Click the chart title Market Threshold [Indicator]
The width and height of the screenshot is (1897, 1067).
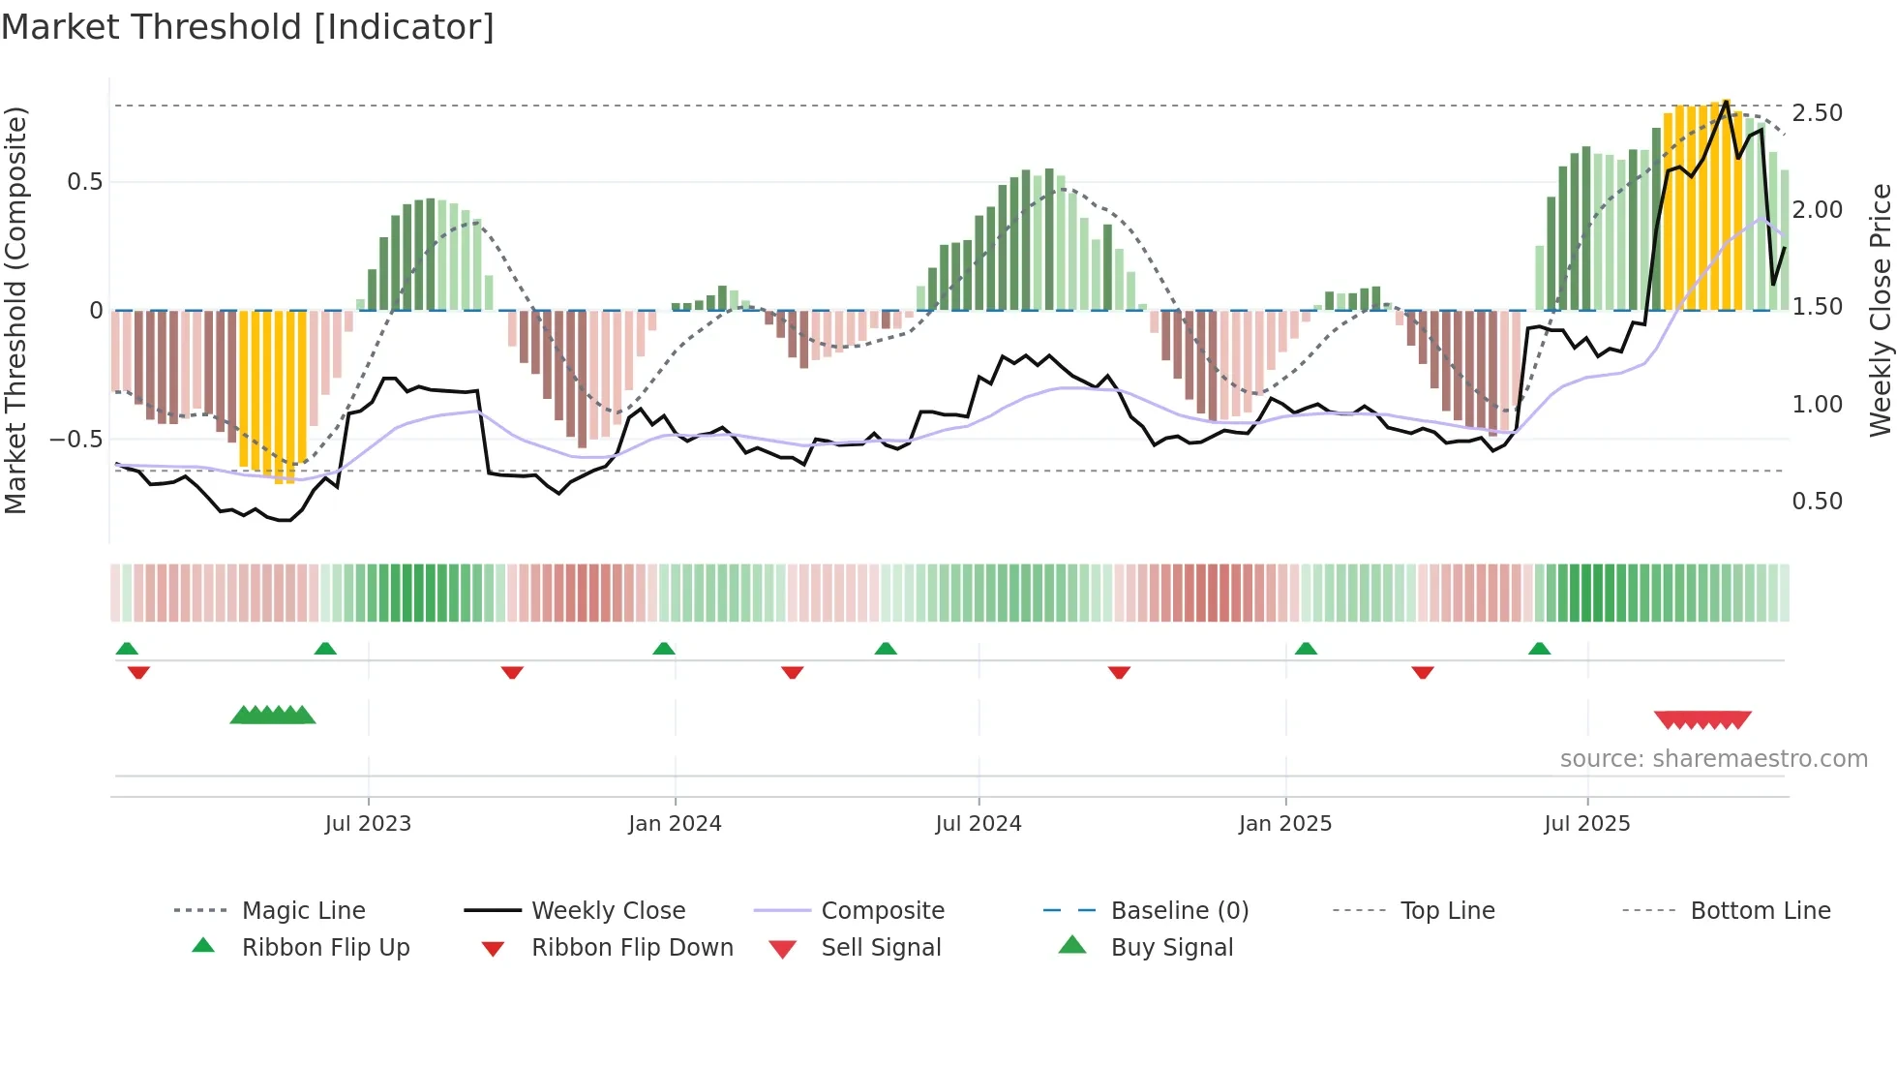tap(248, 27)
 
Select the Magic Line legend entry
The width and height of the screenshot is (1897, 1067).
tap(303, 911)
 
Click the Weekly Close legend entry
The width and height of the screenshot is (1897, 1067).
tap(608, 911)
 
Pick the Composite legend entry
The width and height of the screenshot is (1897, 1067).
tap(882, 911)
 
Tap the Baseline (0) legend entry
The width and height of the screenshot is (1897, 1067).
tap(1179, 911)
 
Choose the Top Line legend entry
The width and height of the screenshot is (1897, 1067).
tap(1447, 911)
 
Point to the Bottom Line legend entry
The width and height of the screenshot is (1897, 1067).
tap(1760, 911)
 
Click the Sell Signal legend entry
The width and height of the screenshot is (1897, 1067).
tap(880, 948)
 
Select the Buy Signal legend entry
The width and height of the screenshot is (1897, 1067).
tap(1171, 948)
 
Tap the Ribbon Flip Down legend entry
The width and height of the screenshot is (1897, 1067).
tap(631, 948)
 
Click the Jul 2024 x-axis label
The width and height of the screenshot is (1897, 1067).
tap(978, 824)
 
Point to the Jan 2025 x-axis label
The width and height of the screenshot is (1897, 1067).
tap(1284, 824)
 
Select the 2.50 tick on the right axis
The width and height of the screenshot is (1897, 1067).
tap(1817, 113)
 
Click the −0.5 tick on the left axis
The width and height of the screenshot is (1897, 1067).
tap(75, 440)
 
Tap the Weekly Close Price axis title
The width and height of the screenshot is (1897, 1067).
tap(1880, 310)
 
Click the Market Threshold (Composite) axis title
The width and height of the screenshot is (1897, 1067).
tap(15, 310)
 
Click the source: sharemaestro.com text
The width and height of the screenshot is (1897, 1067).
tap(1713, 759)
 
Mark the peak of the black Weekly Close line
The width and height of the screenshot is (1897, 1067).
tap(1726, 101)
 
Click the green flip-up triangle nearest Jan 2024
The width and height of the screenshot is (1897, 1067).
tap(663, 649)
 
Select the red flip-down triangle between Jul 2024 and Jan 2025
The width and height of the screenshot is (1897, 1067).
tap(1119, 672)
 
